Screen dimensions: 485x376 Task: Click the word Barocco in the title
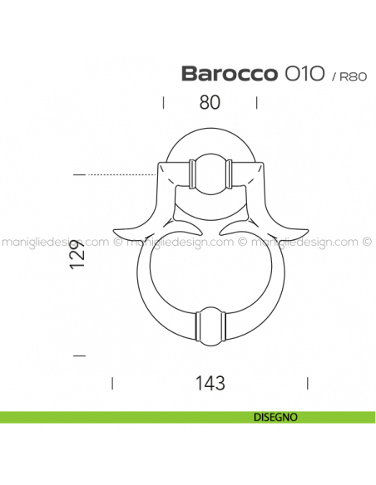click(x=229, y=73)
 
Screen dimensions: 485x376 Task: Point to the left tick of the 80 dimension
click(x=163, y=103)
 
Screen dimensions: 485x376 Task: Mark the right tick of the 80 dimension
click(x=257, y=103)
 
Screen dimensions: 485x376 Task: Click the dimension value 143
click(x=209, y=383)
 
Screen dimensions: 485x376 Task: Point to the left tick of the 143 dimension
click(x=112, y=383)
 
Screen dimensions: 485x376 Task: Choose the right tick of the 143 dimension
click(x=308, y=383)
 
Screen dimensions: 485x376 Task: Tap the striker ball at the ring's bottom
click(x=210, y=326)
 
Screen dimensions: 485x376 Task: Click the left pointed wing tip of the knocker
click(x=116, y=228)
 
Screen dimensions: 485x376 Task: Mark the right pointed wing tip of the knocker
click(x=304, y=228)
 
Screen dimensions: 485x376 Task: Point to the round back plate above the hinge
click(x=210, y=141)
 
